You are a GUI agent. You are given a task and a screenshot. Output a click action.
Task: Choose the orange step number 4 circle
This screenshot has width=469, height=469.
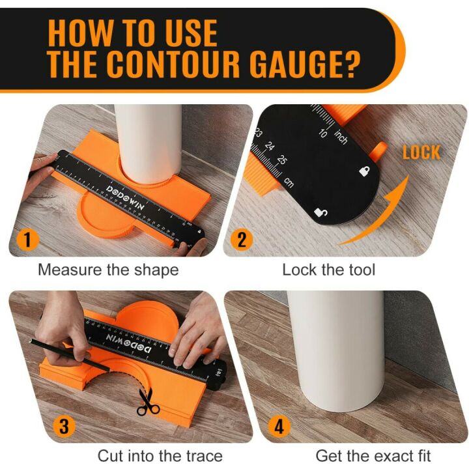[279, 427]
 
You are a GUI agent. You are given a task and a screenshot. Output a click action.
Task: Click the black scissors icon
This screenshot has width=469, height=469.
[148, 401]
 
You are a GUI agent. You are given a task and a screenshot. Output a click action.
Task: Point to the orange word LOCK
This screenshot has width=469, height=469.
[421, 153]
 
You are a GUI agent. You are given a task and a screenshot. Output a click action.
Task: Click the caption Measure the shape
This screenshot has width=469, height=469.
[108, 270]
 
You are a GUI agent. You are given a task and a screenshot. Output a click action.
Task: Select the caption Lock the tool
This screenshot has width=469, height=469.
[328, 270]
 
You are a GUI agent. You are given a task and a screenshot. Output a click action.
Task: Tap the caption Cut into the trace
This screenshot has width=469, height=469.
[160, 455]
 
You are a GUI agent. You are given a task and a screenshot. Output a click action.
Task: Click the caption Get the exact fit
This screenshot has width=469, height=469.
[373, 455]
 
